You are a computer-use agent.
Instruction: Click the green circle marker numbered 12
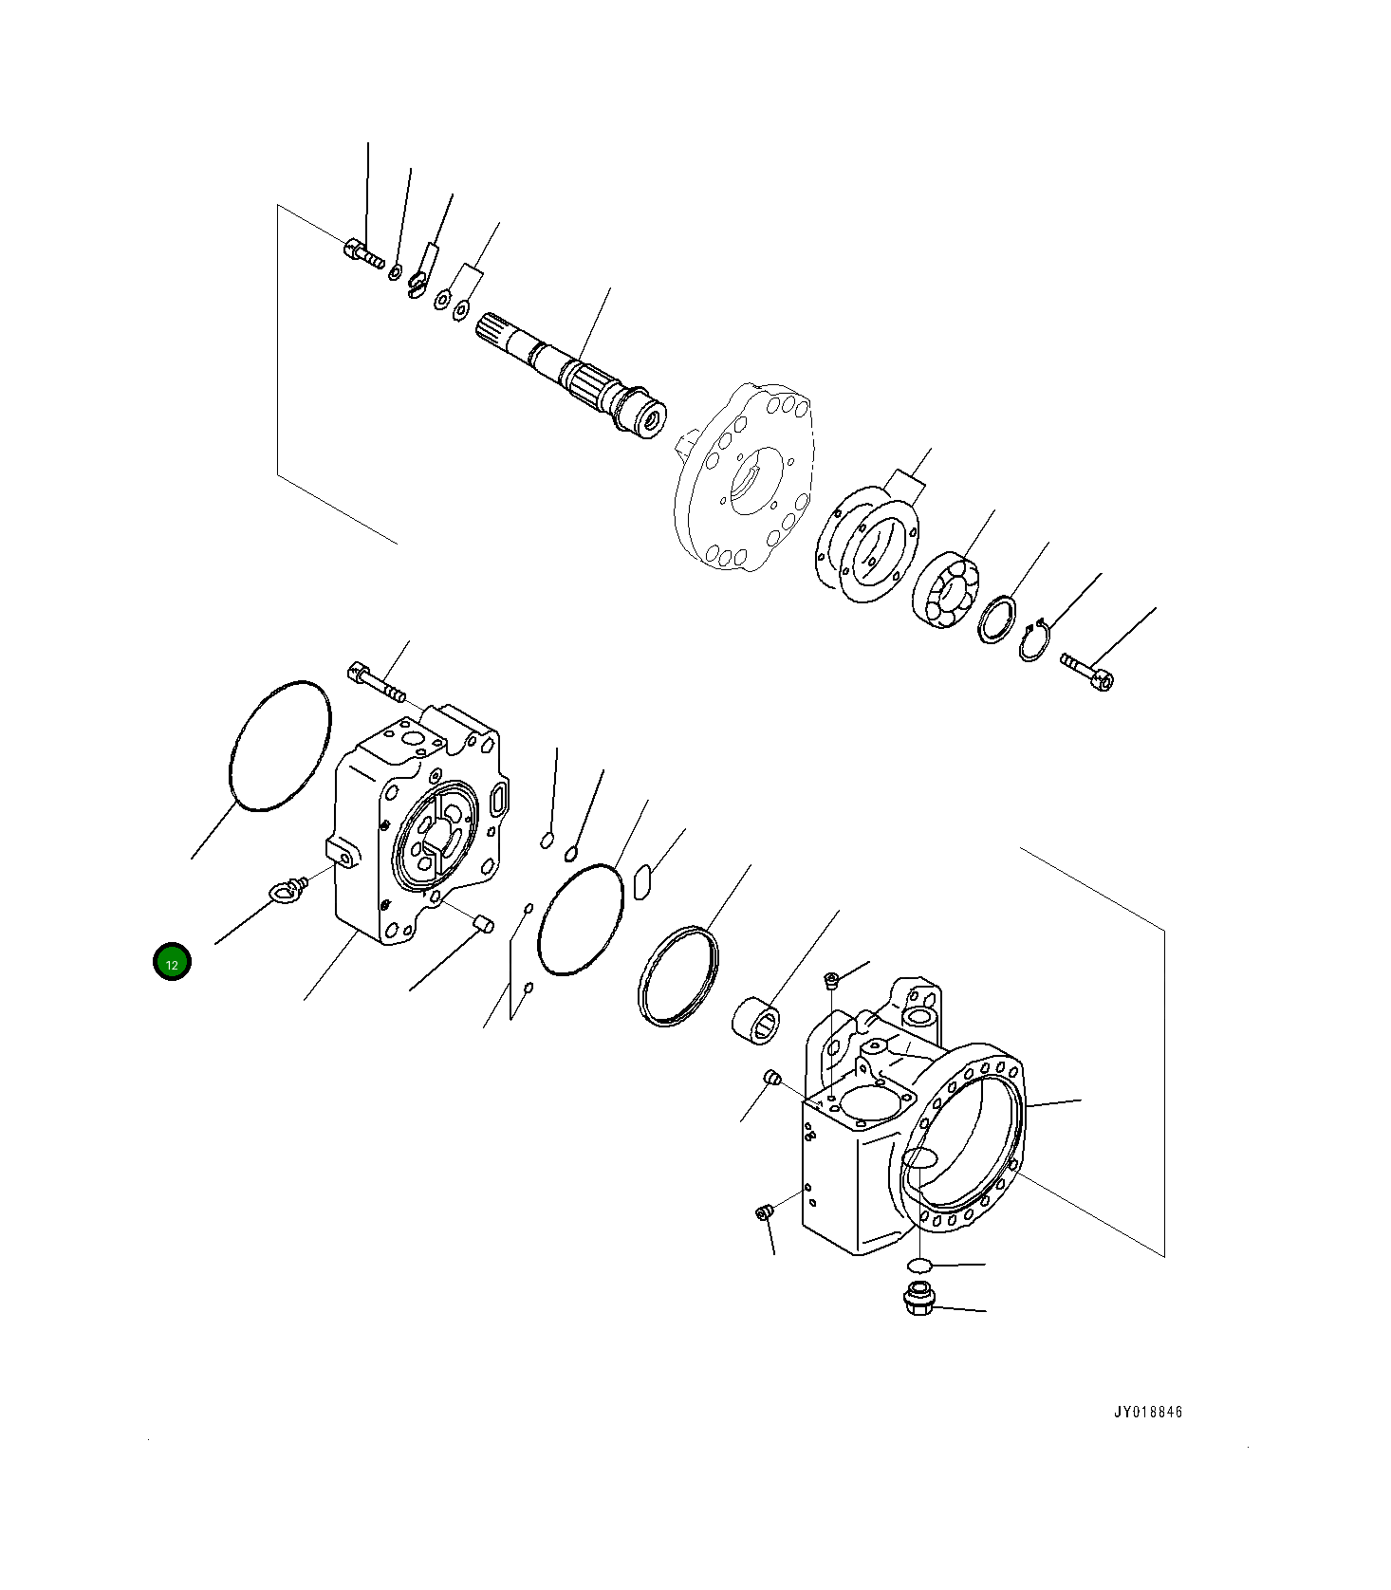[x=172, y=963]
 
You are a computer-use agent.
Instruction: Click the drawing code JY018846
[x=1148, y=1413]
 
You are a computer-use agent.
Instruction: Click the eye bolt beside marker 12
[x=286, y=890]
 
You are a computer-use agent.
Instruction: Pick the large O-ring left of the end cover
[x=281, y=746]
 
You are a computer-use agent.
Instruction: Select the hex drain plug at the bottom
[x=918, y=1299]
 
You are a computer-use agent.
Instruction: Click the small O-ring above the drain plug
[x=918, y=1264]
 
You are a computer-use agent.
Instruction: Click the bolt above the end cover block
[x=377, y=682]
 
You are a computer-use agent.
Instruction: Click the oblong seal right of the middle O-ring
[x=640, y=880]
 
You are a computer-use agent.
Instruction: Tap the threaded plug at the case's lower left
[x=763, y=1212]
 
